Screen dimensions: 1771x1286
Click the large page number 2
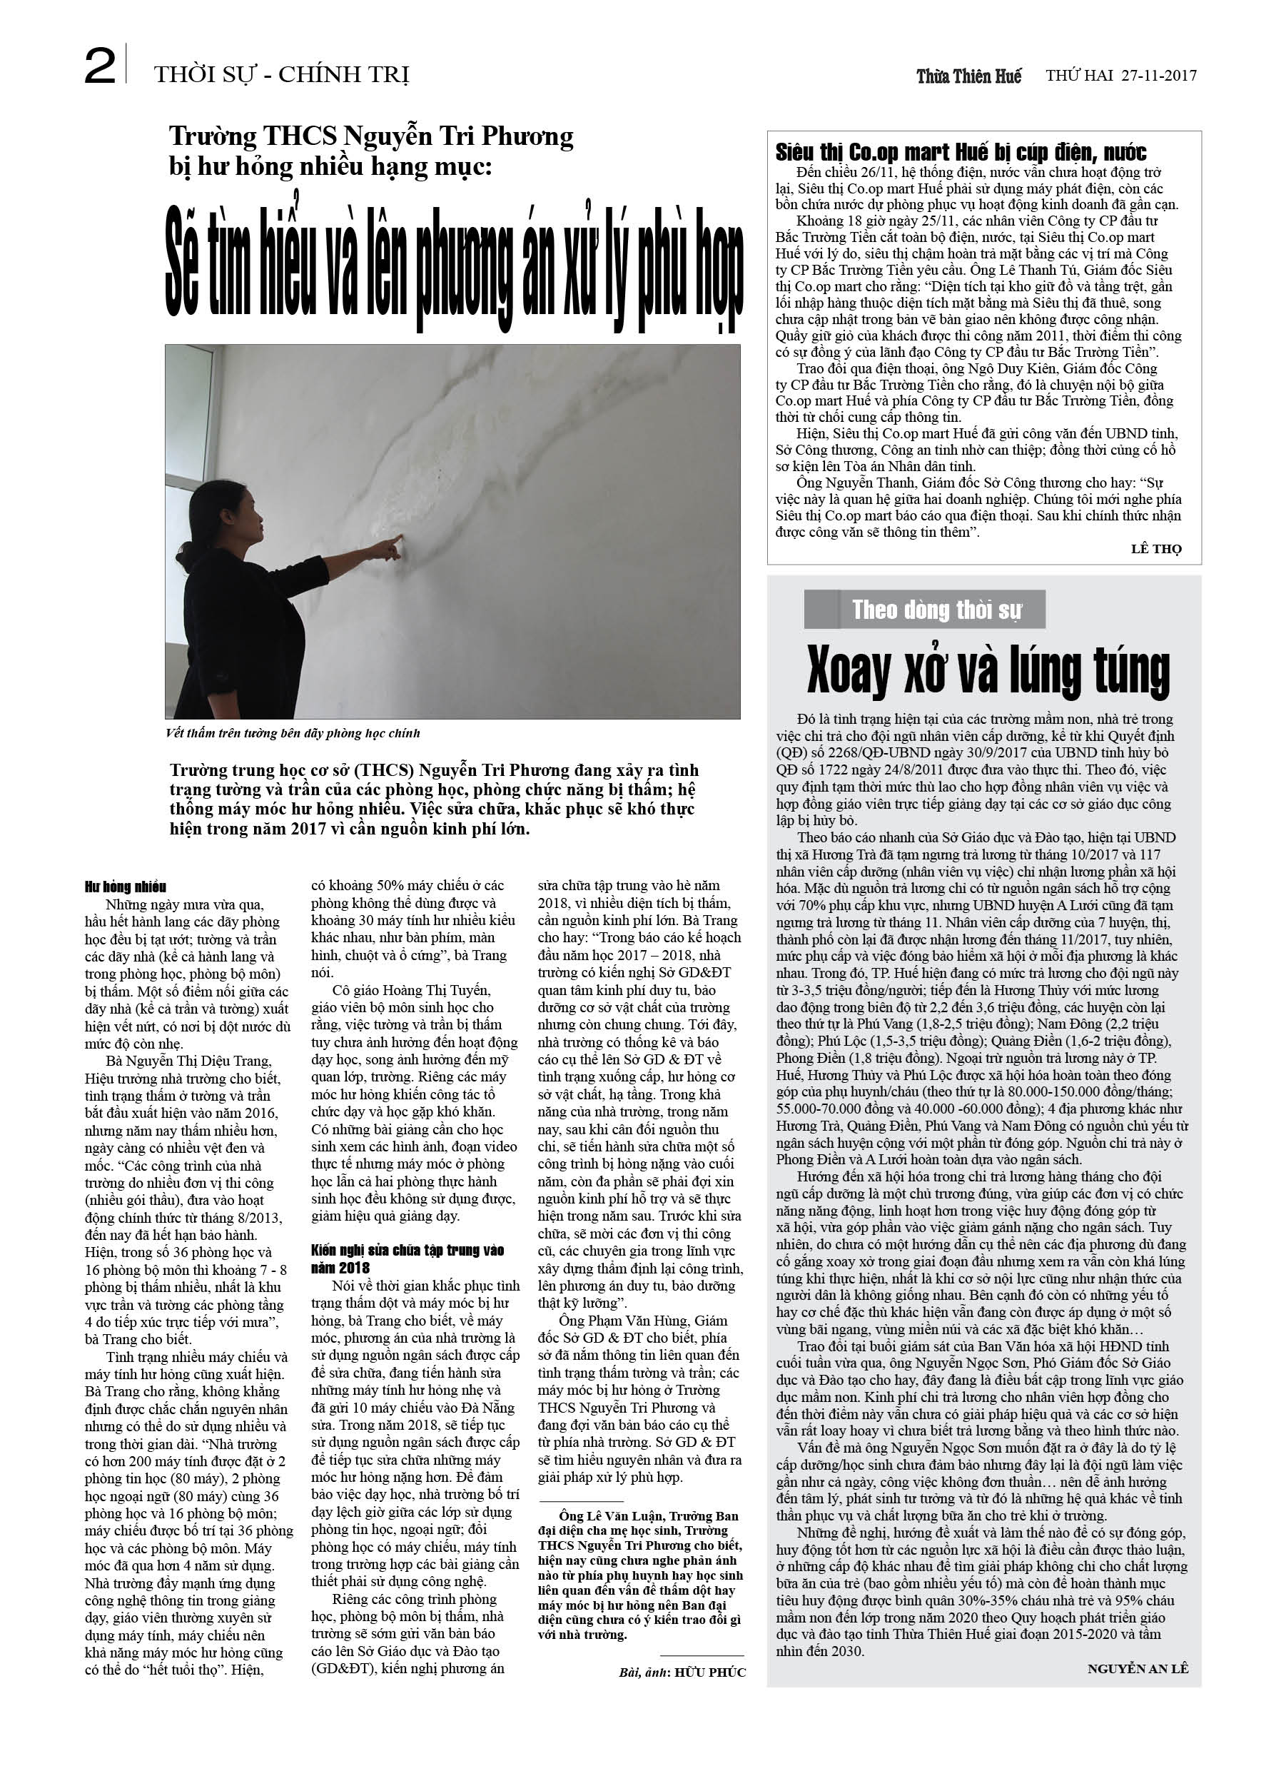click(x=100, y=67)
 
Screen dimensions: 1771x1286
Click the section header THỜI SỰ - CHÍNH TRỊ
click(x=281, y=75)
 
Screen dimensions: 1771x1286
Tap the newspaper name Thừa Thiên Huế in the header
click(x=968, y=76)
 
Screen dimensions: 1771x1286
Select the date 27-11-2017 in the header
click(x=1159, y=76)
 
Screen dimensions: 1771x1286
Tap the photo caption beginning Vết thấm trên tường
click(x=293, y=733)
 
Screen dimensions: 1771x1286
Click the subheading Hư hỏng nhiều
click(x=126, y=887)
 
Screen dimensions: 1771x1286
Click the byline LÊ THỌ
click(x=1155, y=548)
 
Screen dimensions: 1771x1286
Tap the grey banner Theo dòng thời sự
click(x=936, y=610)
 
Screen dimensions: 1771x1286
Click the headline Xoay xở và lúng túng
click(x=988, y=671)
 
